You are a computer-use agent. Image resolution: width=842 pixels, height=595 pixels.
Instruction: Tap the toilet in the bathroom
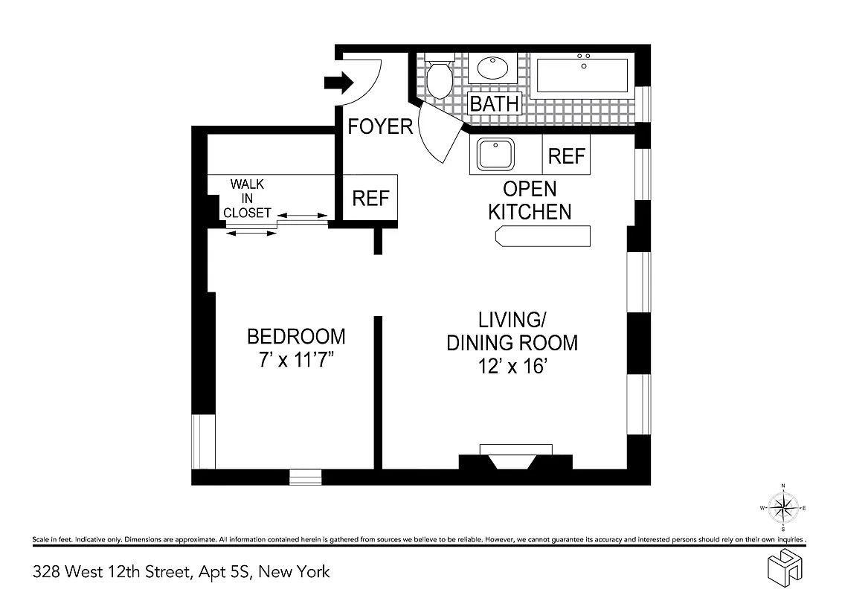(x=439, y=77)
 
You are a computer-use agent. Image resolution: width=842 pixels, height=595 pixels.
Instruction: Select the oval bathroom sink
(x=492, y=69)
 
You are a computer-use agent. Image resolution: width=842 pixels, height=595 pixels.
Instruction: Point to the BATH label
(x=494, y=103)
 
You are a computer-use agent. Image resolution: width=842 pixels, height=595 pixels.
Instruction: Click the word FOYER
(x=380, y=126)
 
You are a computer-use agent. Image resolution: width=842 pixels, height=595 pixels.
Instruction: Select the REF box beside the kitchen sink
(x=567, y=155)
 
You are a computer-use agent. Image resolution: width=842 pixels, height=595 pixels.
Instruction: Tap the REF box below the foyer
(x=370, y=198)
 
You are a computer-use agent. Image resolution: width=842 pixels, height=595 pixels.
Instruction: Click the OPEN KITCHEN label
(x=530, y=200)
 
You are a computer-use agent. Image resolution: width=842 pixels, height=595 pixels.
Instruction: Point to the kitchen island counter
(x=543, y=236)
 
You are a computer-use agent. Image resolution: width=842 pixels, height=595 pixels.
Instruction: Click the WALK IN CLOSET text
(x=247, y=198)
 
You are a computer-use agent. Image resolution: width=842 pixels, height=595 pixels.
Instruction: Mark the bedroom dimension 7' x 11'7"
(x=296, y=360)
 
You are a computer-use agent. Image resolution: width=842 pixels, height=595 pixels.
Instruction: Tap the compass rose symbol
(x=782, y=508)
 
